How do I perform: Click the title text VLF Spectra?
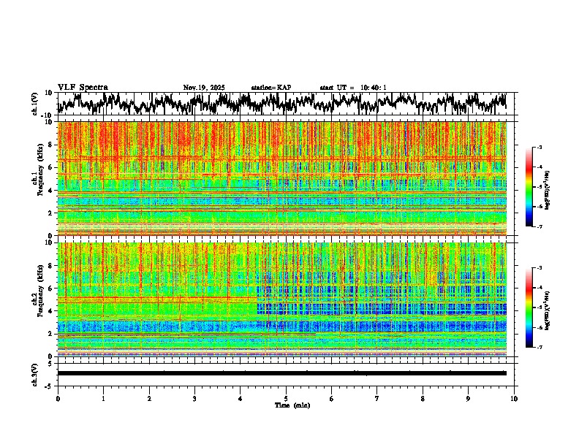[x=83, y=87]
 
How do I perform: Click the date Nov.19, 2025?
[x=204, y=88]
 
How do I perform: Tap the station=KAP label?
[x=271, y=88]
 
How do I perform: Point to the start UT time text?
[x=353, y=88]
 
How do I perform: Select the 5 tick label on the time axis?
[x=286, y=398]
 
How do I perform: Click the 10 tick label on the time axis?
[x=514, y=398]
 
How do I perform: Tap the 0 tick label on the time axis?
[x=58, y=398]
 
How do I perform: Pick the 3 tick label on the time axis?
[x=194, y=398]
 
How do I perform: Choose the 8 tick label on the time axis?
[x=423, y=398]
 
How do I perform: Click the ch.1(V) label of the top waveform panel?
[x=34, y=104]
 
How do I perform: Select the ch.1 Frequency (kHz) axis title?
[x=37, y=179]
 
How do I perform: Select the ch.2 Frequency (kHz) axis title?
[x=37, y=299]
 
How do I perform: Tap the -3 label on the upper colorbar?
[x=539, y=148]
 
